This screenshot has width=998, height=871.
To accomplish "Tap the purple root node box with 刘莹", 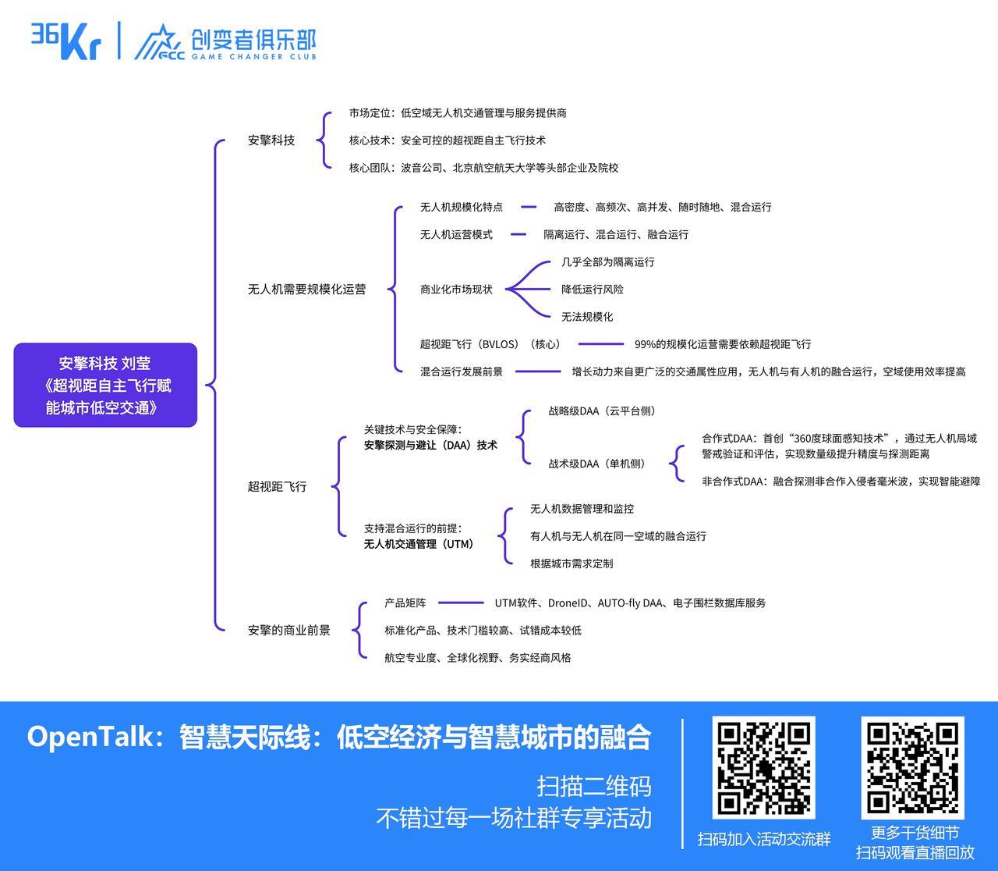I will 105,385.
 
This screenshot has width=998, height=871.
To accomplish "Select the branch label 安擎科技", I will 271,140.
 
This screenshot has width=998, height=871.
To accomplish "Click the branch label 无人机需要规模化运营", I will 306,289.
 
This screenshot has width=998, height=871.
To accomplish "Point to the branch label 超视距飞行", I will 277,486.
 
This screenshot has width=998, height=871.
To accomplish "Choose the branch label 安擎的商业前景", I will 288,630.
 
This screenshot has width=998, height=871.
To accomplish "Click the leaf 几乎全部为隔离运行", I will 607,261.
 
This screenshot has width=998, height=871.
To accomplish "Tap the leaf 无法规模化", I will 586,316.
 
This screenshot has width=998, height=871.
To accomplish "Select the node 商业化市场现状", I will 456,289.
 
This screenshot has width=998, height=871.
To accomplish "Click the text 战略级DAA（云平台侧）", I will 602,411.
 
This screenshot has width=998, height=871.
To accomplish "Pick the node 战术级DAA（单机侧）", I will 597,464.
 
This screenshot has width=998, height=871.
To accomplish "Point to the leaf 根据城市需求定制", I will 572,563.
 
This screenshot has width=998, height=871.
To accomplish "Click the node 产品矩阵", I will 405,603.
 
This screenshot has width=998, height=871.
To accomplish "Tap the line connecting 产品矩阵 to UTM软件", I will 461,603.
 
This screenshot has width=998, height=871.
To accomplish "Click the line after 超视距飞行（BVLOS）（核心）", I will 600,343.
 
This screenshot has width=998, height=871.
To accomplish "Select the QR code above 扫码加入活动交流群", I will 763,767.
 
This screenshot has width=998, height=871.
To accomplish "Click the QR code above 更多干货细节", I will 912,767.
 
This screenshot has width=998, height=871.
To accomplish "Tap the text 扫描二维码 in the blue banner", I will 593,785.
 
